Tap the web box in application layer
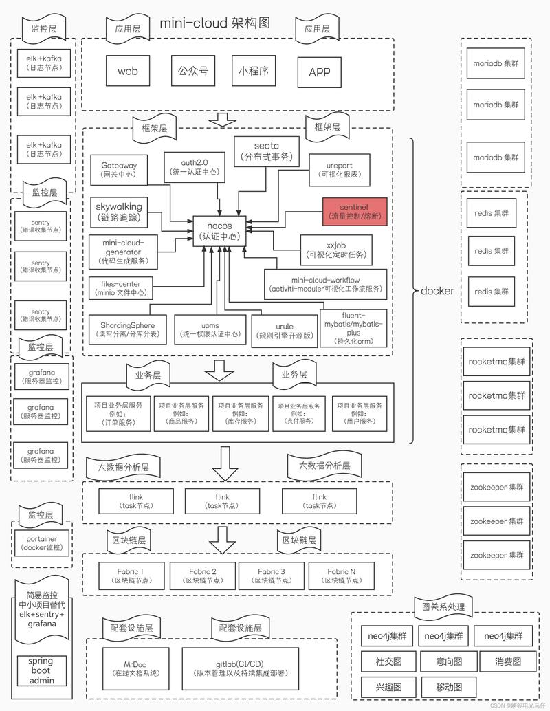128,72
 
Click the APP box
319,73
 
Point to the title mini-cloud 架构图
215,23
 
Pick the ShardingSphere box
127,329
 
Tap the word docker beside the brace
437,290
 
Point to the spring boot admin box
41,670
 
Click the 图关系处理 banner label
443,606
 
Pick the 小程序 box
254,71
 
